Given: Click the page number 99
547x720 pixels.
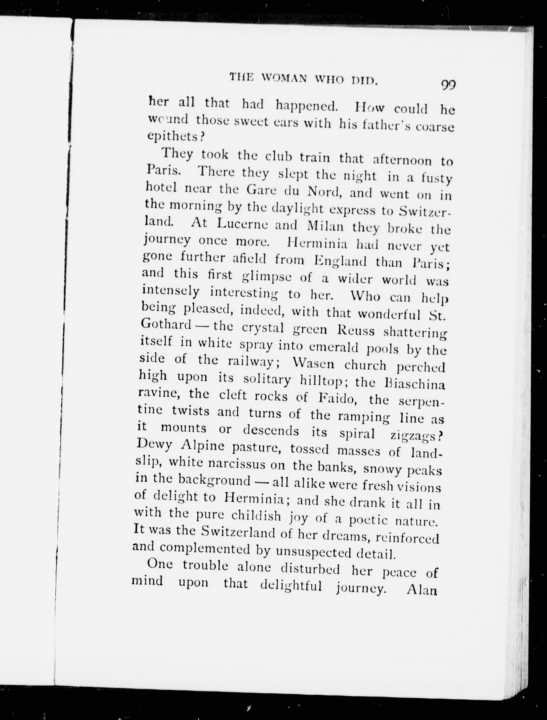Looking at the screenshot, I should (x=448, y=85).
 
